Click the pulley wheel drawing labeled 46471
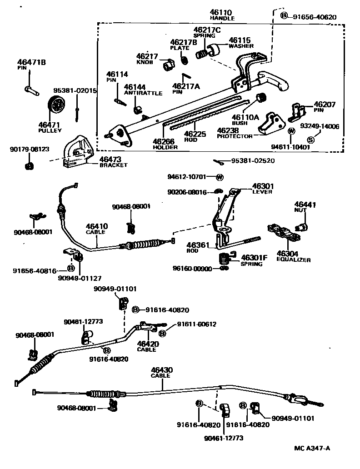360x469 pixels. coord(55,108)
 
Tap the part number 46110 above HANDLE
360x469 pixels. coord(221,12)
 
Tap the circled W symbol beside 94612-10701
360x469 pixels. coord(220,177)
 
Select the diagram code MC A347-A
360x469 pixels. coord(312,448)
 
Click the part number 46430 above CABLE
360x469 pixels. coord(161,370)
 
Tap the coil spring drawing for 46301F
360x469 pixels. coord(224,259)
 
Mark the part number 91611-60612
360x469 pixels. coord(196,324)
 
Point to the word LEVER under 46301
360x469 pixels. coord(262,192)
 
